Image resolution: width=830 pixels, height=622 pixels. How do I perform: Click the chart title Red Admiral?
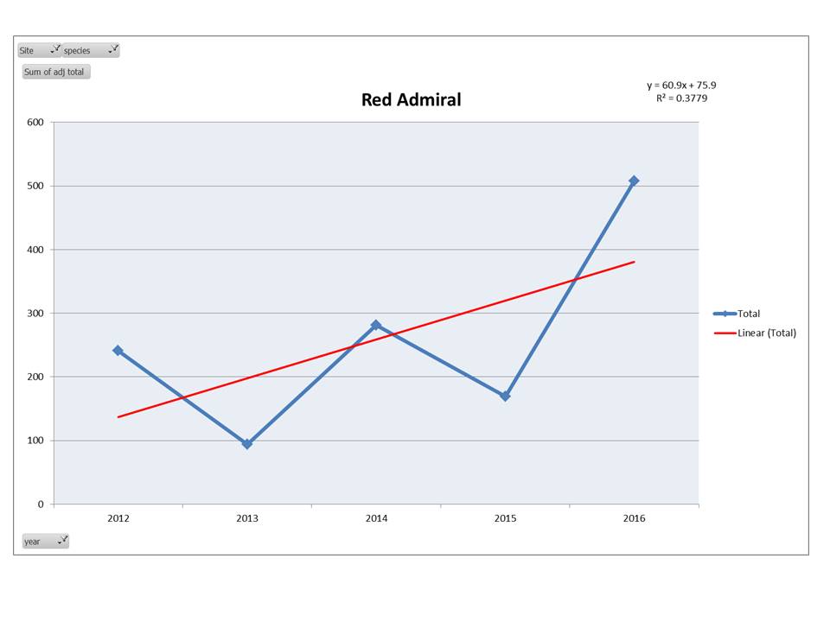tap(411, 100)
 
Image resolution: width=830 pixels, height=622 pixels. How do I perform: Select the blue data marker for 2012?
tap(118, 351)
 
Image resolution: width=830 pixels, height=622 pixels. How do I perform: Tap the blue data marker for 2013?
tap(247, 444)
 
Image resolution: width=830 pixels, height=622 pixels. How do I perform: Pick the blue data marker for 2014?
tap(376, 325)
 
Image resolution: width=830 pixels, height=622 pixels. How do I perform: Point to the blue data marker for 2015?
tap(505, 397)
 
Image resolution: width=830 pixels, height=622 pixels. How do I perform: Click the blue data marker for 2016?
tap(634, 181)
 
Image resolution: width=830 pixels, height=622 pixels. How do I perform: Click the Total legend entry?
tap(748, 314)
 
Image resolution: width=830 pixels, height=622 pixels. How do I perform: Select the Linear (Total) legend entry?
tap(766, 333)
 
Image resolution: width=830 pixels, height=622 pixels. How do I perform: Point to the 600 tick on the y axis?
tap(35, 122)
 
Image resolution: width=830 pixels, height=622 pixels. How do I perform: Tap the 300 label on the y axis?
tap(35, 313)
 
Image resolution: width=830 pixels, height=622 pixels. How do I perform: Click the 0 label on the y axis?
tap(40, 505)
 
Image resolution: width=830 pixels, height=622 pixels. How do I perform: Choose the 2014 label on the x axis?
tap(376, 519)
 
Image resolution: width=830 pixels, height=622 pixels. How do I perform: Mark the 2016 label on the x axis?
tap(634, 519)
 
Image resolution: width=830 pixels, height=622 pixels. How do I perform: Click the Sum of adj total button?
tap(54, 72)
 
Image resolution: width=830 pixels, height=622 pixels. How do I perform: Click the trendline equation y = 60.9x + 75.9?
tap(681, 86)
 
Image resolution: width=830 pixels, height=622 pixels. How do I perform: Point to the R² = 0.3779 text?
tap(681, 98)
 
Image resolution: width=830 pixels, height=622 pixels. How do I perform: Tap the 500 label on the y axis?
tap(35, 186)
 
